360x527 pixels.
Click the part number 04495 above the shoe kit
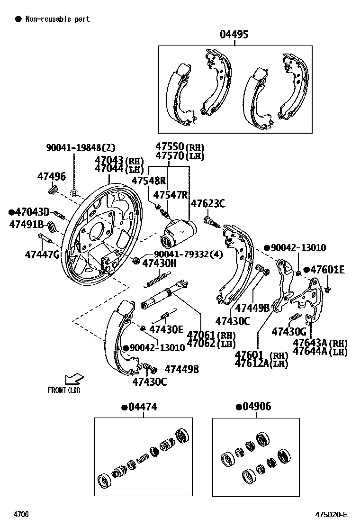[234, 35]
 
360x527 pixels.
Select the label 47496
[52, 177]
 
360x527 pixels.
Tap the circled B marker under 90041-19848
[74, 193]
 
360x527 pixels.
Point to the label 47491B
[26, 224]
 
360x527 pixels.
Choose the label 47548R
[149, 181]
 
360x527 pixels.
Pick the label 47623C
[208, 204]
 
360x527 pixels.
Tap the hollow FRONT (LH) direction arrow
[74, 379]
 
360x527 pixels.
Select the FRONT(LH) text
[64, 390]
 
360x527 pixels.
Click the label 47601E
[327, 270]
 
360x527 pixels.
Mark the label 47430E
[166, 329]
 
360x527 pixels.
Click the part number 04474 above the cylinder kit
[142, 407]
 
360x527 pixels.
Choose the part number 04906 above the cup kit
[256, 407]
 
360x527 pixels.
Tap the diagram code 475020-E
[332, 515]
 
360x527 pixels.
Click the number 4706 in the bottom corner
[21, 515]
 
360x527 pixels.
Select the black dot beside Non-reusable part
[18, 19]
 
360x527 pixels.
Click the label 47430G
[289, 332]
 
